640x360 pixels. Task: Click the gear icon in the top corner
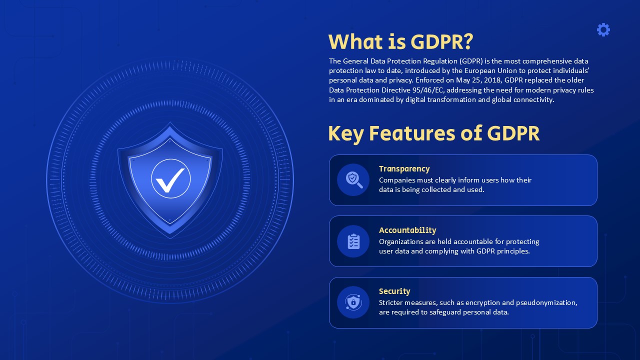tap(603, 29)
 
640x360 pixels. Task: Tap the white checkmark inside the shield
tap(170, 180)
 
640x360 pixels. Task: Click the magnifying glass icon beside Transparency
tap(354, 180)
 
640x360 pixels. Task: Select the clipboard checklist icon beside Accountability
tap(353, 241)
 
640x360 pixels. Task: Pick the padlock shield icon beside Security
tap(353, 302)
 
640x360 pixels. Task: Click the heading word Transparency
tap(404, 169)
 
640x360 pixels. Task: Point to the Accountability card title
tap(407, 230)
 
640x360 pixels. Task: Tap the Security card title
tap(394, 291)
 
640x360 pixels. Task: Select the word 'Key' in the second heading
tap(345, 133)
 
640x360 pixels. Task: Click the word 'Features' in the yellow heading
tap(412, 133)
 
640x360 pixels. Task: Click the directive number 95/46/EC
tap(427, 90)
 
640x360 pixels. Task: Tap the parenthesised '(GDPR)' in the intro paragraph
tap(471, 61)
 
